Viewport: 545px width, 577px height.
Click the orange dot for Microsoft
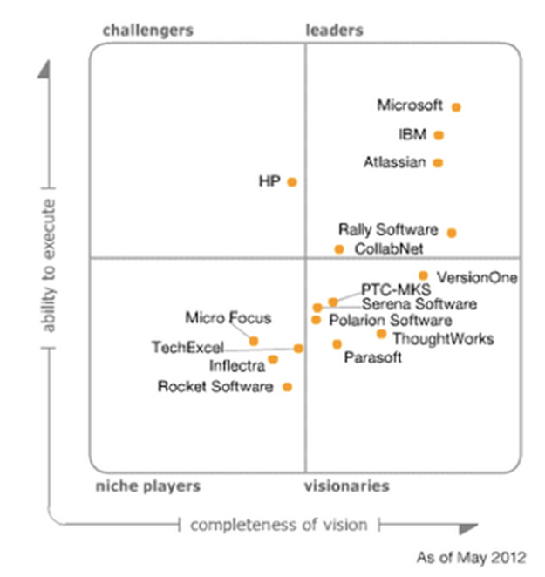point(456,107)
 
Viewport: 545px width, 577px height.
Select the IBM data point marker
point(439,135)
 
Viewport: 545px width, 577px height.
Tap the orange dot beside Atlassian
point(438,163)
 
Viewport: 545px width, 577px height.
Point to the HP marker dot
point(292,182)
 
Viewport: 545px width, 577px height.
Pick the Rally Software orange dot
point(452,233)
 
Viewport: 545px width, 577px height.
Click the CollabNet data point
point(339,250)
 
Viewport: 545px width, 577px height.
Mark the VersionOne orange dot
point(424,276)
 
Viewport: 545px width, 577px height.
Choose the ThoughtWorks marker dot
point(381,334)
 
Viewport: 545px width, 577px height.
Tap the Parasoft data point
point(337,344)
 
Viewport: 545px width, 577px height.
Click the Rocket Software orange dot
point(288,387)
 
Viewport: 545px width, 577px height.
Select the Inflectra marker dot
point(274,359)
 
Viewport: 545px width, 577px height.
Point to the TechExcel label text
point(187,348)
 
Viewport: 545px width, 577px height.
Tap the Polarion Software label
point(391,321)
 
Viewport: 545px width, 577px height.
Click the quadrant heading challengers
point(147,31)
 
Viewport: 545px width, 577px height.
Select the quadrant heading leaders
point(334,31)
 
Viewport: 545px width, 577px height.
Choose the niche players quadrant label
point(147,486)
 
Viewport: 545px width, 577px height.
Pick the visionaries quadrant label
point(347,486)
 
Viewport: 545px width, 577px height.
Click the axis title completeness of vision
point(278,525)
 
